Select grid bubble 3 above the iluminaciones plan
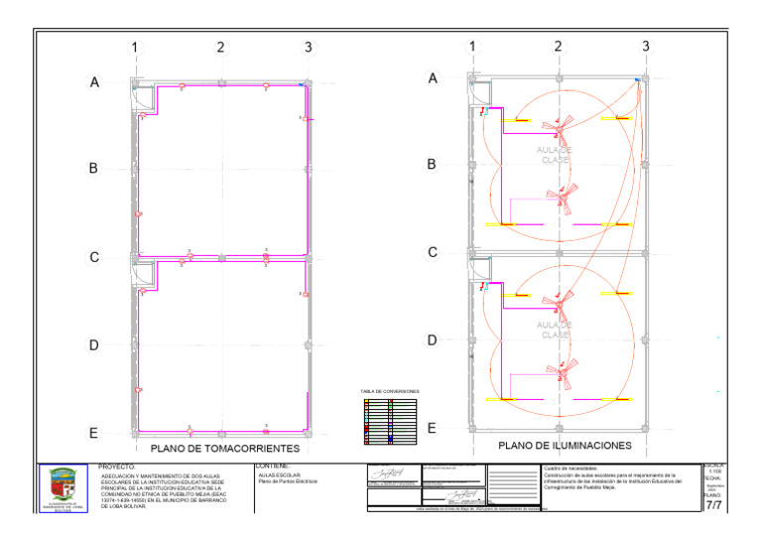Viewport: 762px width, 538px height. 646,47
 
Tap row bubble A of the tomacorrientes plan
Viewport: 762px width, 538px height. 94,83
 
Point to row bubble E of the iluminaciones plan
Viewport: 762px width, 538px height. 432,428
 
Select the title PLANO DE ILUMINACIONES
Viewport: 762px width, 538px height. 565,447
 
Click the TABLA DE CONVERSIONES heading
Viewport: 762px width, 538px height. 390,391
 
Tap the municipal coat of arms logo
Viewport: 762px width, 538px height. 67,487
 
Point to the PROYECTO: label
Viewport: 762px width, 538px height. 118,466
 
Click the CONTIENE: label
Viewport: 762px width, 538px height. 272,466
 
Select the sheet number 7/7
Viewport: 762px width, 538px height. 712,506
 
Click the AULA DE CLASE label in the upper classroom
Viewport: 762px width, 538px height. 556,155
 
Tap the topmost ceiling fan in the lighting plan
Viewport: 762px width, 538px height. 562,125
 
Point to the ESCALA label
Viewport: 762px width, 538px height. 714,465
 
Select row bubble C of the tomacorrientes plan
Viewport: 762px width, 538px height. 94,257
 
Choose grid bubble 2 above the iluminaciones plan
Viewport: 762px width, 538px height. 559,47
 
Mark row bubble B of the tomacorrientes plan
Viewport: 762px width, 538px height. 94,169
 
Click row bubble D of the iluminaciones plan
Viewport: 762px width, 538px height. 432,339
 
